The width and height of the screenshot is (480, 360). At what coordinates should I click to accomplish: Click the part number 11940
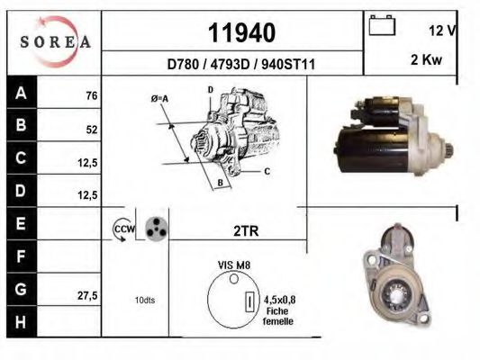[x=241, y=33]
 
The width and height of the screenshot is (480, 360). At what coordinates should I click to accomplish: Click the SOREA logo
[x=55, y=41]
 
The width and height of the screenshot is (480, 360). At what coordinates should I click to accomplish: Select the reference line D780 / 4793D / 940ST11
[x=240, y=65]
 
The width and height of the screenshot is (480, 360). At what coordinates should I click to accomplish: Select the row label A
[x=21, y=93]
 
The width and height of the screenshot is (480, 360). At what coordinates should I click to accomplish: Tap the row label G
[x=21, y=288]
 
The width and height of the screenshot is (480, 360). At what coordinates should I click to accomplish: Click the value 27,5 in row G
[x=87, y=294]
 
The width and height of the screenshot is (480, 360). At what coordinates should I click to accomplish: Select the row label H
[x=21, y=320]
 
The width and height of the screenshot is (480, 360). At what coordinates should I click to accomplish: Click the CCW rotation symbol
[x=122, y=229]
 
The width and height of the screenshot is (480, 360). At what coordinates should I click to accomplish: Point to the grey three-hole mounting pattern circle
[x=156, y=229]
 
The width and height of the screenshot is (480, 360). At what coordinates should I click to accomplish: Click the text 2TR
[x=246, y=231]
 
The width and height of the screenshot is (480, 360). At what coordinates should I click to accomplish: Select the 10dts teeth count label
[x=144, y=300]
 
